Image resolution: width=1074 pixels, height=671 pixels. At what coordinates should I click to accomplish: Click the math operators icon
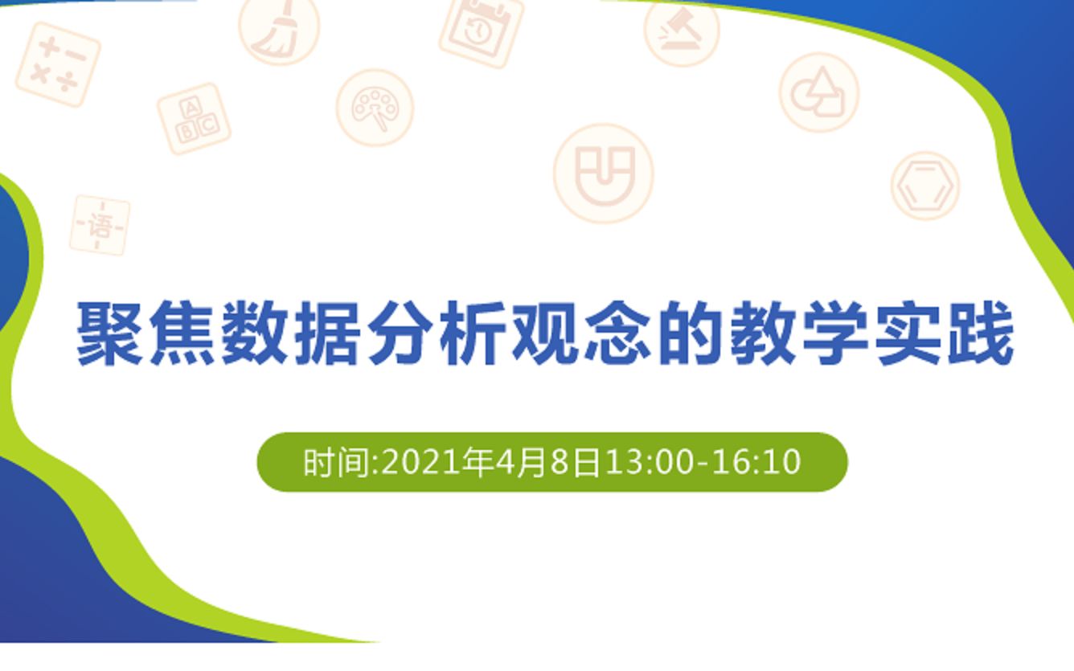(x=58, y=64)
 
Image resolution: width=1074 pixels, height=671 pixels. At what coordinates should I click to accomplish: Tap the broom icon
(x=278, y=29)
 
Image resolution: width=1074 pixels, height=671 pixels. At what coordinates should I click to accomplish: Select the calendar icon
(x=481, y=31)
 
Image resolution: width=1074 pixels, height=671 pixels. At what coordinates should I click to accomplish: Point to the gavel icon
(x=681, y=31)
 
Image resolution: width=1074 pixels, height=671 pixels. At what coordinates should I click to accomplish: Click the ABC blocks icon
(x=194, y=118)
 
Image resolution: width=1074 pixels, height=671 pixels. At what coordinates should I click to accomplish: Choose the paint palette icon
(x=375, y=108)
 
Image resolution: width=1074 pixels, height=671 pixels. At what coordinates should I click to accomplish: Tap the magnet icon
(x=603, y=174)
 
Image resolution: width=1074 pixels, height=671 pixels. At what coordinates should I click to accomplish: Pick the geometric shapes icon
(x=818, y=92)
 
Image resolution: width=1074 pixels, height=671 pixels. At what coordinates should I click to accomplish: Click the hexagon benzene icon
(x=924, y=186)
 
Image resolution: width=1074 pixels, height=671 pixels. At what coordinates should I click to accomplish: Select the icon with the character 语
(x=100, y=225)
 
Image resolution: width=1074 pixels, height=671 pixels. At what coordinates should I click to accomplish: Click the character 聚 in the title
(x=109, y=333)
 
